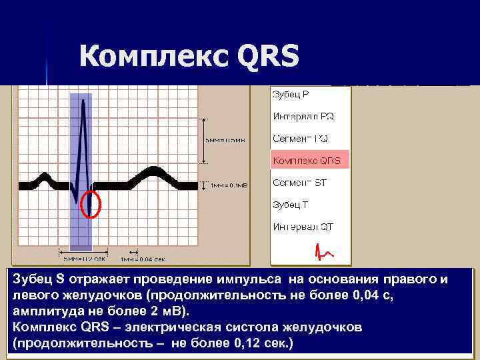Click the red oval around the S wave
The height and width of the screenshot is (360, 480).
tap(90, 204)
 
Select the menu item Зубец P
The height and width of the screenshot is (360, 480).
tap(290, 94)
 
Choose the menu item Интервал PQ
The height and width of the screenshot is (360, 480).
tap(303, 116)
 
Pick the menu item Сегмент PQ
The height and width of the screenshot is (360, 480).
tap(300, 139)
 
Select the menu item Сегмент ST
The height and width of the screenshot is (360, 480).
tap(299, 183)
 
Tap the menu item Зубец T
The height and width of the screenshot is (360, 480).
tap(290, 205)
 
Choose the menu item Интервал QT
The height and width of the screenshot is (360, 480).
tap(303, 227)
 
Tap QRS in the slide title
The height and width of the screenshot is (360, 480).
tap(267, 57)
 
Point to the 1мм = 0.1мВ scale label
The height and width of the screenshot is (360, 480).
tap(229, 186)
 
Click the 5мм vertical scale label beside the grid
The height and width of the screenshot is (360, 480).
tap(225, 141)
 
